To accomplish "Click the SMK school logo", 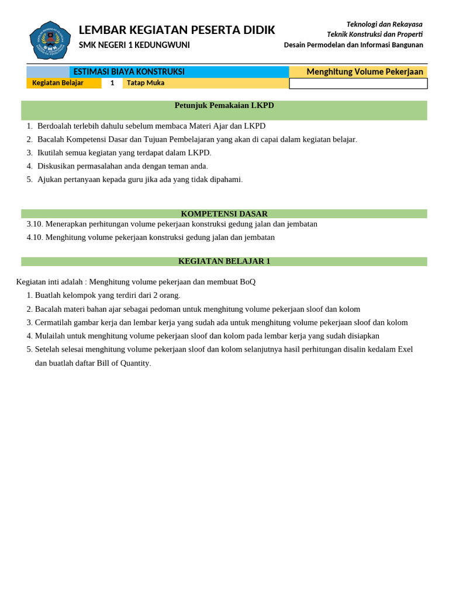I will pos(50,40).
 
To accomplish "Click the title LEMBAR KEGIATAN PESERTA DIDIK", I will pos(177,30).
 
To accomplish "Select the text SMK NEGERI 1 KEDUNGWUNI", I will pos(134,45).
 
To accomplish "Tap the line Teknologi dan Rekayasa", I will pos(384,24).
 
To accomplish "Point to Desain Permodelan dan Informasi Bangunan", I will pos(353,45).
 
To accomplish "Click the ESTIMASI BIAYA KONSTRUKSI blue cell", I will pos(129,71).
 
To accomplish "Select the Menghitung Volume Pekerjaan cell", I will pos(364,71).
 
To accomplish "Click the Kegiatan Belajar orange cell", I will pos(58,83).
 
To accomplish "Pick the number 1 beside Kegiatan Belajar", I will pos(112,83).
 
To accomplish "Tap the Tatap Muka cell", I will pos(146,83).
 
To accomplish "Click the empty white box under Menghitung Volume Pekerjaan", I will pos(358,84).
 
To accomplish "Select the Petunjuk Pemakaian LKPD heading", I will pos(224,105).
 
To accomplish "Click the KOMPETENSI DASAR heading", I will pos(224,214).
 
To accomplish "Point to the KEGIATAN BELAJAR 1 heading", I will pos(224,261).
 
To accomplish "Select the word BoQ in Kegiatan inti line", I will pos(247,282).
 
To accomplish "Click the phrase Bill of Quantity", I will pos(116,363).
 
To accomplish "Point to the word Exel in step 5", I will pos(405,349).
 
